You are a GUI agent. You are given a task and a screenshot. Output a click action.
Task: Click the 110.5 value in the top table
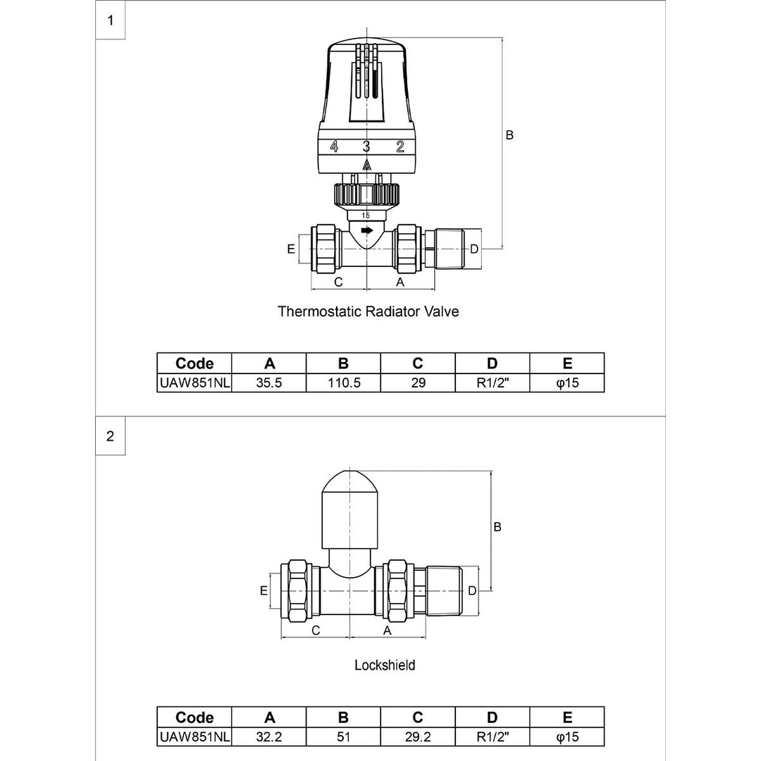343,383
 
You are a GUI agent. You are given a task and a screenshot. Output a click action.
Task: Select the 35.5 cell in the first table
269,383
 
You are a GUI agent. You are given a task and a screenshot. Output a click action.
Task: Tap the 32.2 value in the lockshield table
269,736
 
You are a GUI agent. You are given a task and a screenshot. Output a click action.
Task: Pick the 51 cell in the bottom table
343,736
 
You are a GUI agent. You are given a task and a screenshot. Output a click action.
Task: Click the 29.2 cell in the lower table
418,736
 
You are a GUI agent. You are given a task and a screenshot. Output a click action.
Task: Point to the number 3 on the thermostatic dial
366,147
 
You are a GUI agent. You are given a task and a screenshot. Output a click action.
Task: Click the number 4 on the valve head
334,147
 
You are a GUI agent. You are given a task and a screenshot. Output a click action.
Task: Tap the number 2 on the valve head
400,147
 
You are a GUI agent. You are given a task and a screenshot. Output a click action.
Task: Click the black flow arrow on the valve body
366,230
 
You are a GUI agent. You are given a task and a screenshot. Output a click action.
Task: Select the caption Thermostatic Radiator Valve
368,311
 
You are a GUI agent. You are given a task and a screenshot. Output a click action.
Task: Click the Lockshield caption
385,664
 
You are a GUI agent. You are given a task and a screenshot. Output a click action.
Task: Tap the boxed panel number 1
110,20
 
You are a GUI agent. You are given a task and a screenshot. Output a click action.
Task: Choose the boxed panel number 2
110,435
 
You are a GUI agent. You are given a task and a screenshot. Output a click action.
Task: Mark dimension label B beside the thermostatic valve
509,135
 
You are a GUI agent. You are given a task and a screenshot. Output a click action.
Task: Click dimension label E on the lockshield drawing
264,590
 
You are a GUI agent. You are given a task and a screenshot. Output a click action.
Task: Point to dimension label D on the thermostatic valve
474,249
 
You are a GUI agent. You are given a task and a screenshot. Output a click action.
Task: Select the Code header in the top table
194,364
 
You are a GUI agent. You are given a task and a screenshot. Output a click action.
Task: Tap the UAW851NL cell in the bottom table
194,736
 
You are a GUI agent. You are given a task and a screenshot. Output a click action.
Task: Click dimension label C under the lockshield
316,631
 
